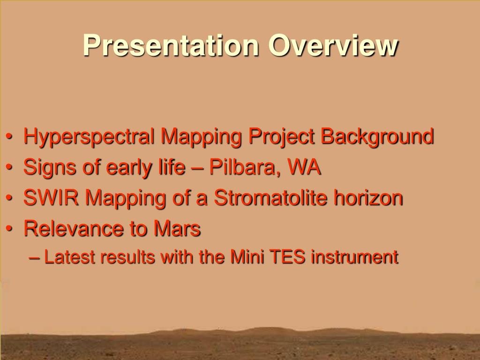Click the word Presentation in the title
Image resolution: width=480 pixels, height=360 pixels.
(x=171, y=45)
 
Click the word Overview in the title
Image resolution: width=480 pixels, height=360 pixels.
(x=333, y=45)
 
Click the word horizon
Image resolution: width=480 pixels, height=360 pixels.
(x=368, y=198)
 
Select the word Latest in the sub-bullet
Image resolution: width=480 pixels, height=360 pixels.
(x=69, y=256)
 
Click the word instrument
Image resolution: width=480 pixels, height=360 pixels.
(x=355, y=256)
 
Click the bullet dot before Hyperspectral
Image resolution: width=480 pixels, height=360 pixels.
(x=9, y=136)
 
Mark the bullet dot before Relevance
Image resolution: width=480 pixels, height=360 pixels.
(x=9, y=228)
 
